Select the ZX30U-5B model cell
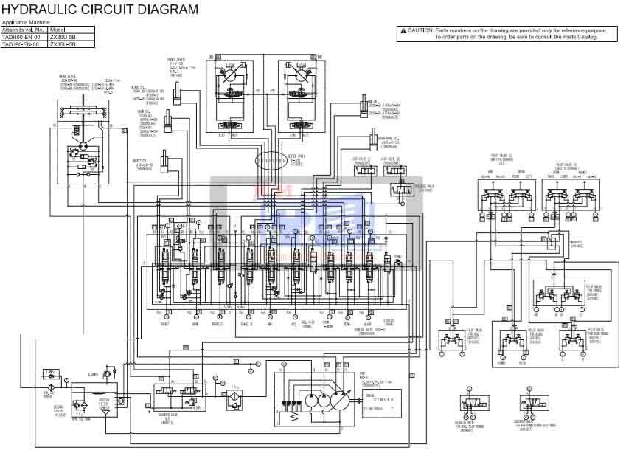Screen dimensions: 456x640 (63, 37)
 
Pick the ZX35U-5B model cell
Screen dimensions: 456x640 (63, 44)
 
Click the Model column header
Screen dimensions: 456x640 (58, 30)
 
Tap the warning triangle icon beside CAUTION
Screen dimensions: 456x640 (403, 30)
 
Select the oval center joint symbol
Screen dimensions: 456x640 (274, 160)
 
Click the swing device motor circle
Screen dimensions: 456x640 (81, 146)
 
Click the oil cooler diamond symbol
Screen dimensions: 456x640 (51, 386)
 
